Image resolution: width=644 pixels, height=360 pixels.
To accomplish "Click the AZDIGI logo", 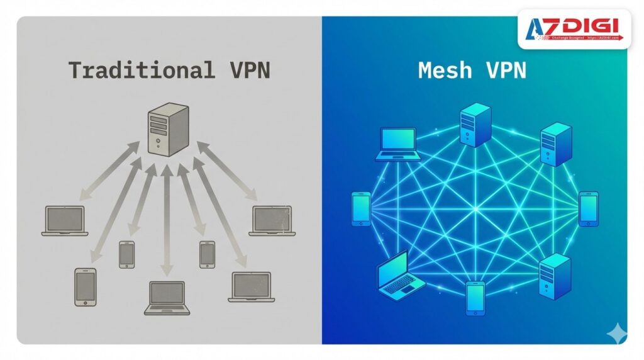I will pyautogui.click(x=574, y=29).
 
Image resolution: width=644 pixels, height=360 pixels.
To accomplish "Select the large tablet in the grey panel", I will pyautogui.click(x=85, y=287).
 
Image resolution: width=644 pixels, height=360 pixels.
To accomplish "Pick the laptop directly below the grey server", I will pyautogui.click(x=167, y=297).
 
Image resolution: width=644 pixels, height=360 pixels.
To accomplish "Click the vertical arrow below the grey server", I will pyautogui.click(x=167, y=220).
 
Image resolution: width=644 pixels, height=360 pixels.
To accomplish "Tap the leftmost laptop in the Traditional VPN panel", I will pyautogui.click(x=65, y=221).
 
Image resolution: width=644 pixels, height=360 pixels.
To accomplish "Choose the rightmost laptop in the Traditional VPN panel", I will pyautogui.click(x=272, y=221).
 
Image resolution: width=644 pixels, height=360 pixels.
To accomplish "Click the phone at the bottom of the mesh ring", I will pyautogui.click(x=475, y=298).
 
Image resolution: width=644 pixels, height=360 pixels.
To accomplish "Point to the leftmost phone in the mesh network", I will pyautogui.click(x=361, y=208).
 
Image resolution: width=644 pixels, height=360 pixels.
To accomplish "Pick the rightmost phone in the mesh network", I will pyautogui.click(x=588, y=209).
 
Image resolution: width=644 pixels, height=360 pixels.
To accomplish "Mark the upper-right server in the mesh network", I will pyautogui.click(x=556, y=145).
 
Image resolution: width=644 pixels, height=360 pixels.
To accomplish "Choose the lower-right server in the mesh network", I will pyautogui.click(x=555, y=276).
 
